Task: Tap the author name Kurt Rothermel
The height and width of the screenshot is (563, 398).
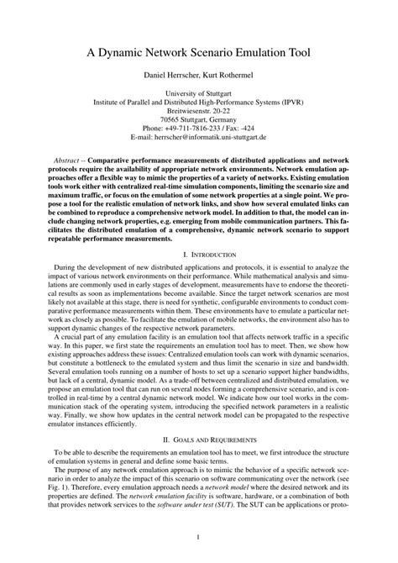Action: (x=228, y=76)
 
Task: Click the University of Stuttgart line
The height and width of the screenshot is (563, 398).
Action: (x=199, y=95)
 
